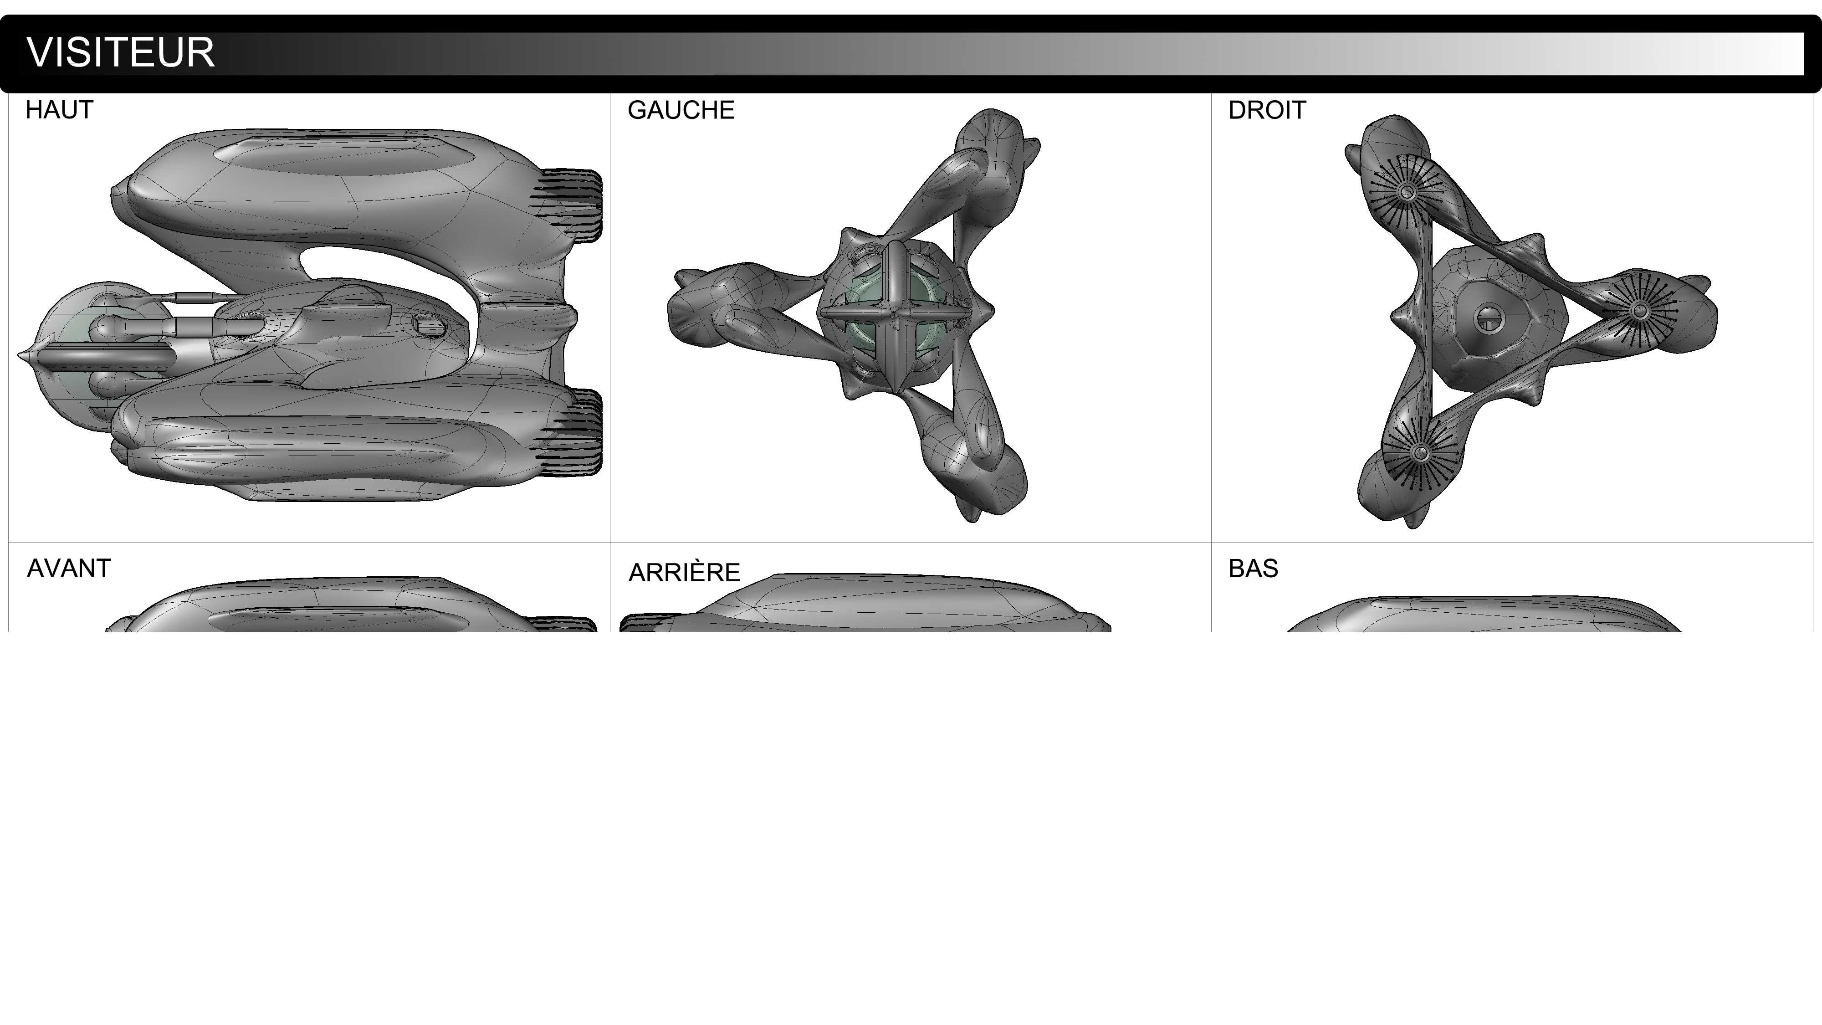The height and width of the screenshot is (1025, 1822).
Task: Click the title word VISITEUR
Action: [x=120, y=52]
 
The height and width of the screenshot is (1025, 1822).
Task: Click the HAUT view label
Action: [x=59, y=110]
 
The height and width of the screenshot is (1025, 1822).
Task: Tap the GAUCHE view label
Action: [x=681, y=110]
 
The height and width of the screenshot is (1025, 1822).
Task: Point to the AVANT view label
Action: [x=69, y=568]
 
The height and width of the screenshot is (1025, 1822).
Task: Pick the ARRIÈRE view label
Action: [x=684, y=572]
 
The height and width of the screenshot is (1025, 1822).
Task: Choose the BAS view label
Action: [x=1254, y=569]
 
